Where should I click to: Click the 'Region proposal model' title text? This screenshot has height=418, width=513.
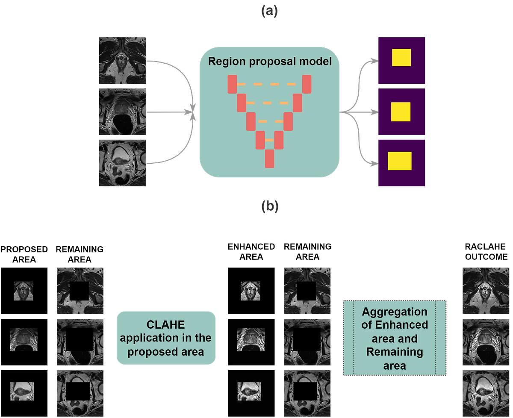coord(269,62)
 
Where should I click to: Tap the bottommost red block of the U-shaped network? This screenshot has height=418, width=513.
coord(269,158)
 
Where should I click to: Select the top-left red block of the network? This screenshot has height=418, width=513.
coord(232,84)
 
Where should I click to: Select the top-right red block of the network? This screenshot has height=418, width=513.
coord(307,84)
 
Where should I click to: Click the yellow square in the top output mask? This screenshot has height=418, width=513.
coord(401,57)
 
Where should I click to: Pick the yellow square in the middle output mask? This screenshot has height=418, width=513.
coord(401,112)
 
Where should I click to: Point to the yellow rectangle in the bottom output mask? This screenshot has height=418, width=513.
coord(399,161)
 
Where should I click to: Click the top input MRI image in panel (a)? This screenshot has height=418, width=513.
coord(122,60)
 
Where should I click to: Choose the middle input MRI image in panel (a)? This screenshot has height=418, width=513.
coord(122,112)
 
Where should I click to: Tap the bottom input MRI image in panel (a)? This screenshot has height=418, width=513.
coord(122,162)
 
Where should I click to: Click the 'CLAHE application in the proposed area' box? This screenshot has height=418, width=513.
coord(166,338)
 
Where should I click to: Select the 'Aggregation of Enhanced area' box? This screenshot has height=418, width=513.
coord(394,338)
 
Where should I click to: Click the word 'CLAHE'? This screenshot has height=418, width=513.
coord(165,324)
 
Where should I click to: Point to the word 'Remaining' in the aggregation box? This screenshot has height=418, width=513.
coord(394,352)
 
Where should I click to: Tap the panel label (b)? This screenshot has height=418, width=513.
coord(269,207)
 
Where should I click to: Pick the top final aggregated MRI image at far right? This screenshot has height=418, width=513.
coord(486,291)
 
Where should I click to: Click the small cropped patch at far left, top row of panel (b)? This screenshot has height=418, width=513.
coord(23,291)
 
